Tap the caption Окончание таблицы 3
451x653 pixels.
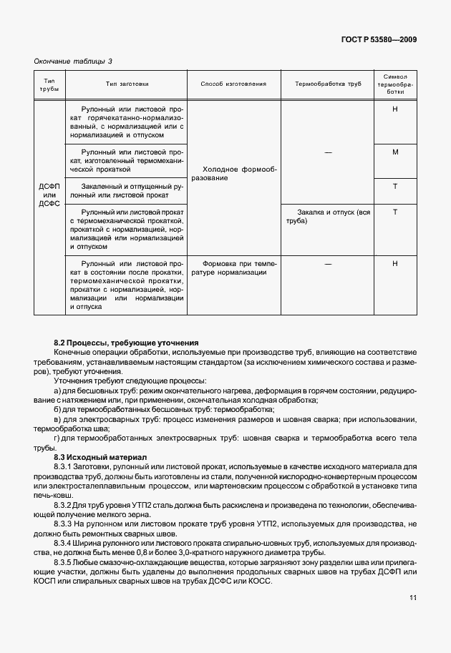coord(74,62)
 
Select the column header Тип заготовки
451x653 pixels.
coord(125,84)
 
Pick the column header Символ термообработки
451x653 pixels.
coord(395,84)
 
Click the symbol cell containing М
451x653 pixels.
coord(395,152)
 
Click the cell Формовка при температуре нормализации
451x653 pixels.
coord(234,267)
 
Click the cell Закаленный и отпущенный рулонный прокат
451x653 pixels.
coord(125,190)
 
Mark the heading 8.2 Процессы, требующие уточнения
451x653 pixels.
coord(126,343)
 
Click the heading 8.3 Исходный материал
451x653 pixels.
coord(100,456)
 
